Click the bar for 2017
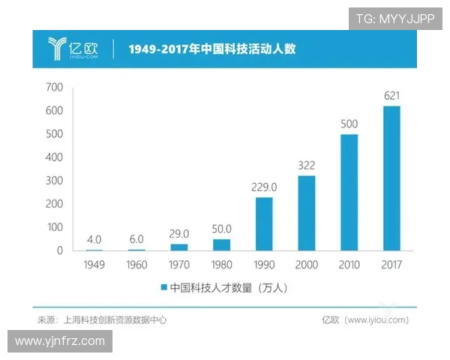click(x=391, y=178)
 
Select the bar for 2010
click(x=349, y=192)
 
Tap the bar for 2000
click(x=307, y=213)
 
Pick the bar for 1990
click(x=264, y=223)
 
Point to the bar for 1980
click(x=222, y=244)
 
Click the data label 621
click(x=391, y=96)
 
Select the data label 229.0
click(x=264, y=187)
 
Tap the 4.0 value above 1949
click(x=94, y=240)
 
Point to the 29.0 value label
click(x=179, y=234)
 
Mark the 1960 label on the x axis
click(x=137, y=265)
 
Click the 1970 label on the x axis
click(x=179, y=265)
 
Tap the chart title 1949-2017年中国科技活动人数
click(x=211, y=50)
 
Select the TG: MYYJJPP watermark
click(x=395, y=19)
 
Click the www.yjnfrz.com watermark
click(x=60, y=341)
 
